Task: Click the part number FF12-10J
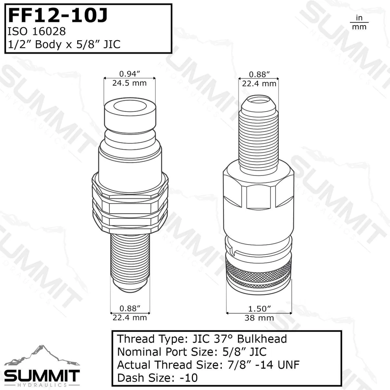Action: [x=58, y=15]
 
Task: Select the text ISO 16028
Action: [x=33, y=31]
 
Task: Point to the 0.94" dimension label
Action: [x=130, y=74]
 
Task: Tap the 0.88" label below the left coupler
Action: [x=130, y=308]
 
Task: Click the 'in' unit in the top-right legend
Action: [x=359, y=18]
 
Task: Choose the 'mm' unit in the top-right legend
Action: [x=359, y=27]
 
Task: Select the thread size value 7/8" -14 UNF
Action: [x=262, y=365]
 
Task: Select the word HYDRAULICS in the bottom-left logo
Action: [x=42, y=384]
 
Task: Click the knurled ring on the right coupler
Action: [x=258, y=269]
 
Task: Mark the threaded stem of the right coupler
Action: [x=258, y=138]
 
